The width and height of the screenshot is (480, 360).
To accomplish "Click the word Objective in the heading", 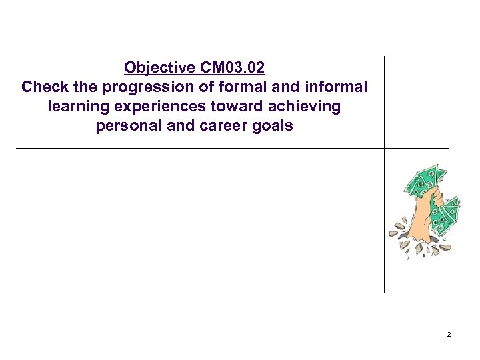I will [x=158, y=68].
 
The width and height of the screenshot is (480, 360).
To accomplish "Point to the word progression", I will [x=139, y=87].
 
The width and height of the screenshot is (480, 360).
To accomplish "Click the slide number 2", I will [x=449, y=334].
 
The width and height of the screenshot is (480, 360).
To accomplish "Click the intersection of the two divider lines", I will [x=385, y=147].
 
